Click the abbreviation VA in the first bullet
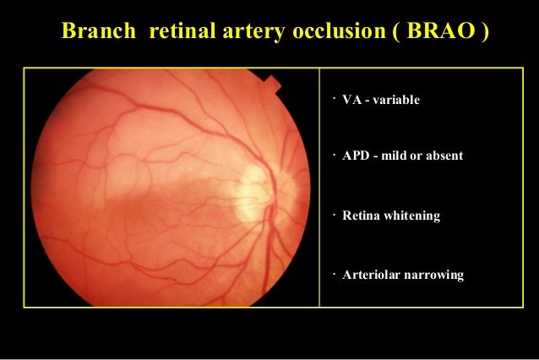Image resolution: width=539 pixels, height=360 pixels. tap(350, 101)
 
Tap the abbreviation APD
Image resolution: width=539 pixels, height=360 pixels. tap(355, 158)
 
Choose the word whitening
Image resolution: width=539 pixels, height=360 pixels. tap(413, 216)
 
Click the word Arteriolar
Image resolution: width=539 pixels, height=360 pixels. tap(371, 275)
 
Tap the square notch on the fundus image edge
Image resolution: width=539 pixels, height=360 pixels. tap(271, 84)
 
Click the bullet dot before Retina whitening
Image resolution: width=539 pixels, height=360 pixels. tap(335, 213)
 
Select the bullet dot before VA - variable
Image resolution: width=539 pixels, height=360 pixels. tap(335, 98)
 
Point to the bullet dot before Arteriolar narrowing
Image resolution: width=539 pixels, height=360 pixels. tap(335, 272)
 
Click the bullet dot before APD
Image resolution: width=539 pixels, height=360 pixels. tap(335, 155)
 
